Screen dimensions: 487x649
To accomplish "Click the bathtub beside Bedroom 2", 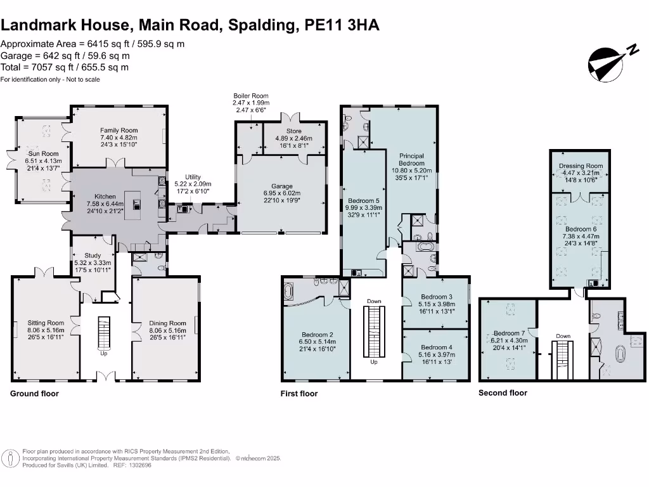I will coord(290,292).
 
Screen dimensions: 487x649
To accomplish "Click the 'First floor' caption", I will coord(299,394).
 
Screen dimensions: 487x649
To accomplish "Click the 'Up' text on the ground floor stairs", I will coord(104,353).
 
